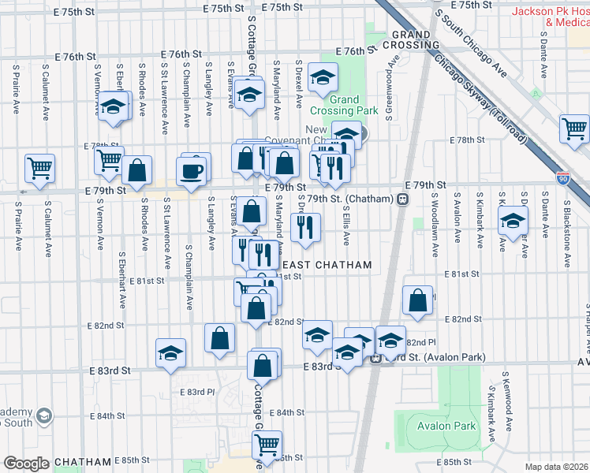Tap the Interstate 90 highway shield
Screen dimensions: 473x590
click(x=562, y=180)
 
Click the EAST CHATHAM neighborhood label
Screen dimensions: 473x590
click(x=327, y=266)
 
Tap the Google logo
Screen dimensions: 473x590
click(x=26, y=464)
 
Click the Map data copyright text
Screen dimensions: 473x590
click(x=557, y=466)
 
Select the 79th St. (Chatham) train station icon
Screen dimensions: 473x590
click(x=402, y=199)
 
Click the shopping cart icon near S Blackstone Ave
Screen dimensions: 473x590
click(x=574, y=128)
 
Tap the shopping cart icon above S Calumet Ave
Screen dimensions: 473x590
click(x=39, y=167)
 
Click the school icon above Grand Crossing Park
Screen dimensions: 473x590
click(x=322, y=77)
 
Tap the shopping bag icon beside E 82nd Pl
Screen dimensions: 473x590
click(x=417, y=300)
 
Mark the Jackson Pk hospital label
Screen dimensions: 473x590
click(x=551, y=17)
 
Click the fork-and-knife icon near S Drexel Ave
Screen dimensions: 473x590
click(x=304, y=228)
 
